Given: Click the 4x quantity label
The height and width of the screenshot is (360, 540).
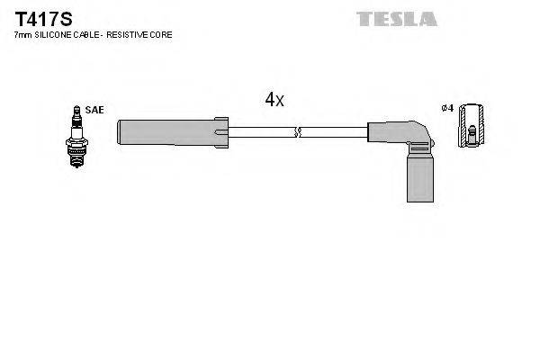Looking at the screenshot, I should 274,101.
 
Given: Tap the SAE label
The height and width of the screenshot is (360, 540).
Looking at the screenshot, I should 95,110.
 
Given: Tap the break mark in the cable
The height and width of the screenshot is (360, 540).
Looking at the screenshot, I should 299,133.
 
